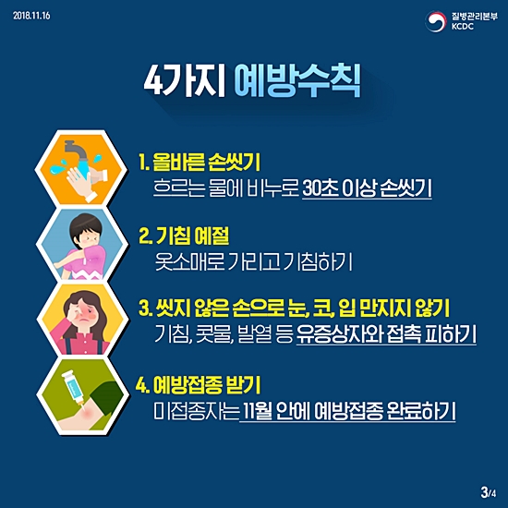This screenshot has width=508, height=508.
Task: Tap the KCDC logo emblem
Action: (x=437, y=21)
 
